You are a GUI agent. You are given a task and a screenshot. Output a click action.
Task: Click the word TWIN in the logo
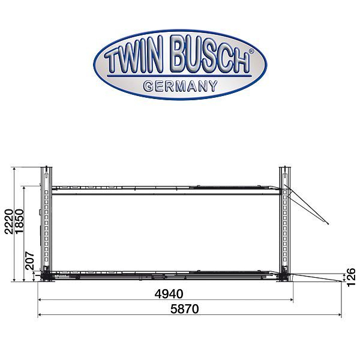(x=132, y=56)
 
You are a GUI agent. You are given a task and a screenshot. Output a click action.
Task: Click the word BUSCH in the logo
(x=209, y=55)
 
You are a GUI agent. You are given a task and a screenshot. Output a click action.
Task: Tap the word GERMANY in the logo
(x=180, y=86)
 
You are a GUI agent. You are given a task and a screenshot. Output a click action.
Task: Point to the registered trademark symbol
(x=251, y=51)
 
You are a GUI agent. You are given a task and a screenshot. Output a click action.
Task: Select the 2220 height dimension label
(x=9, y=221)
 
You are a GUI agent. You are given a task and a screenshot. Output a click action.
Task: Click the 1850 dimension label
(x=19, y=221)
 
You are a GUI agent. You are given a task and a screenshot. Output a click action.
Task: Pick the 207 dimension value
(x=29, y=261)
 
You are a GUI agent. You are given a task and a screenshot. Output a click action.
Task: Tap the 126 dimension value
(x=351, y=278)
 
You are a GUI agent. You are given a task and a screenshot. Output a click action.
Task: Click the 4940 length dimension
(x=169, y=294)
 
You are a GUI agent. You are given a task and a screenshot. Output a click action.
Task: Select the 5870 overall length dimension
(x=185, y=309)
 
